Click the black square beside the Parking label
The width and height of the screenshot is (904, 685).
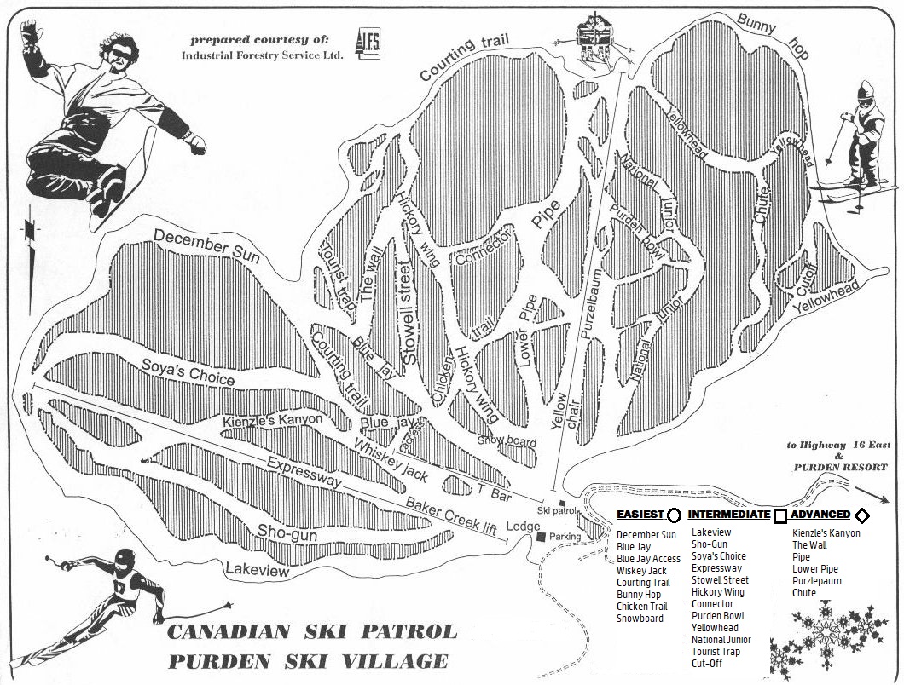click(x=541, y=537)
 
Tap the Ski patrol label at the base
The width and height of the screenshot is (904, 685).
click(x=558, y=510)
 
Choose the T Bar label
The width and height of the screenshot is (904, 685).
click(x=492, y=491)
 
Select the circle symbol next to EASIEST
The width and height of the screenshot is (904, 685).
click(x=674, y=515)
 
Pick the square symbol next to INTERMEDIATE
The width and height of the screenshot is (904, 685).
click(x=779, y=515)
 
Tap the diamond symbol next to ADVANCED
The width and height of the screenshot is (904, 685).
click(x=861, y=515)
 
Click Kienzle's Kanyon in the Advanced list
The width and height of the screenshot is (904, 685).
click(x=826, y=533)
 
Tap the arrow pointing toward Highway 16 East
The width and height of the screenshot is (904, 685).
click(x=871, y=495)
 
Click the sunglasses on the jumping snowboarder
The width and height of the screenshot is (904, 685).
click(x=119, y=53)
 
